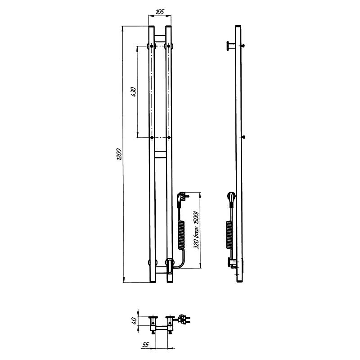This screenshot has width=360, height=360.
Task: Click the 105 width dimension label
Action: [x=160, y=12]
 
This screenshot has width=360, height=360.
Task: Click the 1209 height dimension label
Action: [x=119, y=154]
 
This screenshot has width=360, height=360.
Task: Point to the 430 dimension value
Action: [x=133, y=92]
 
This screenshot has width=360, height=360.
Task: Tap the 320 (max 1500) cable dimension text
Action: [x=196, y=229]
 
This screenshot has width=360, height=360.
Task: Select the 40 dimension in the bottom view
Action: [x=135, y=320]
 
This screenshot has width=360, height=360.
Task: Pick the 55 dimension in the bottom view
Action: [x=145, y=344]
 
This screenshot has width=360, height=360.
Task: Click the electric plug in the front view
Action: [x=183, y=198]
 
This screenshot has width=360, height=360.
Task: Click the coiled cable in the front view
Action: [x=181, y=235]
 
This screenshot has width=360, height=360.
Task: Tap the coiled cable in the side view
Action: [x=229, y=235]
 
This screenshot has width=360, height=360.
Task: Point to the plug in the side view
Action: [x=231, y=198]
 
